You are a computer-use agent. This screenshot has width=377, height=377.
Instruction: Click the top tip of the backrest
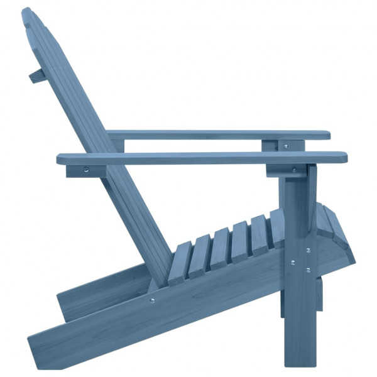click(26, 13)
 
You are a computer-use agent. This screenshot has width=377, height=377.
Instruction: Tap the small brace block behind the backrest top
click(37, 76)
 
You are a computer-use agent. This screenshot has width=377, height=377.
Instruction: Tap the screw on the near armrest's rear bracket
click(86, 169)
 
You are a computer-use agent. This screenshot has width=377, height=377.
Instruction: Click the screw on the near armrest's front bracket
click(293, 170)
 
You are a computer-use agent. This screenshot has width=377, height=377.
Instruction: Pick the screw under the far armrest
click(285, 146)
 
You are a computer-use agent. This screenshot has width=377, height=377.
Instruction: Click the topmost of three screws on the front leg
click(308, 250)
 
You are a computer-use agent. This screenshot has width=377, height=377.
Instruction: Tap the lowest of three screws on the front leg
click(307, 270)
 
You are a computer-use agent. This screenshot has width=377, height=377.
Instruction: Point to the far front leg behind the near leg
click(320, 295)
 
